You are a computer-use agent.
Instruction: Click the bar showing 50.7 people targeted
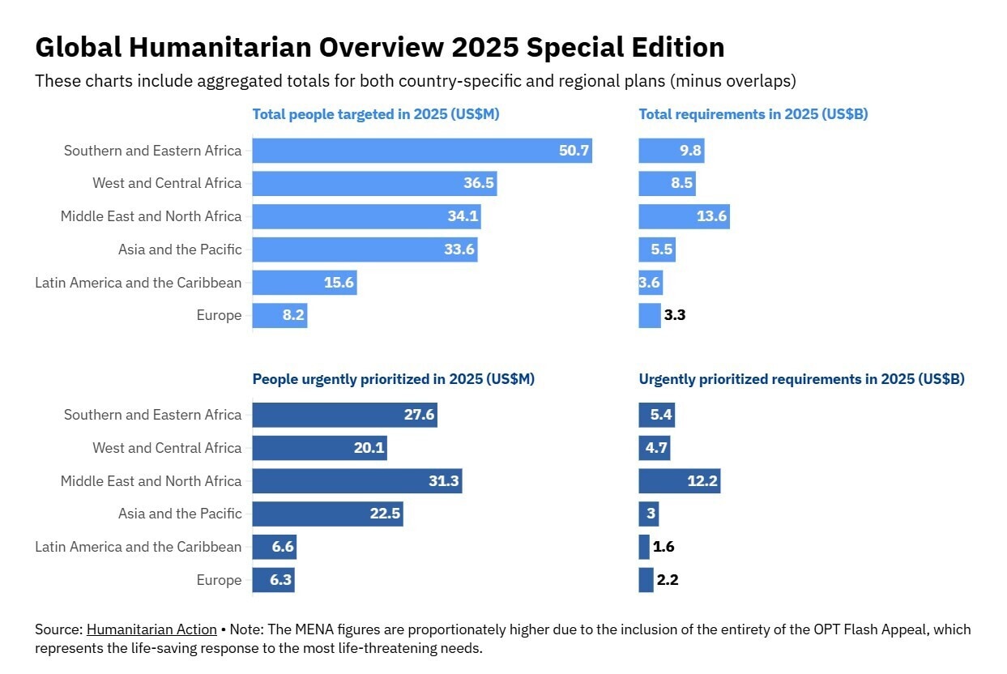point(421,151)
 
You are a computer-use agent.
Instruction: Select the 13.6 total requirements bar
point(684,216)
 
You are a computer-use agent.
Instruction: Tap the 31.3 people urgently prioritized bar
point(356,481)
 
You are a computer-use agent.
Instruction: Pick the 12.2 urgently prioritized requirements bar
point(679,481)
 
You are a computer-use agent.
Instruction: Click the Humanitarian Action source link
point(151,629)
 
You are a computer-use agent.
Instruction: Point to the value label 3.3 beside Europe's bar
point(675,315)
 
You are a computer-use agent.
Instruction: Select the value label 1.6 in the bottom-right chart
point(664,547)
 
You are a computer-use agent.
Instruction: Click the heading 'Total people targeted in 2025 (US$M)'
point(376,114)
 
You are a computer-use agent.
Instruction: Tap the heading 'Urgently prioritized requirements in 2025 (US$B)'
point(801,379)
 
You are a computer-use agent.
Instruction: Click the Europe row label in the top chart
point(219,315)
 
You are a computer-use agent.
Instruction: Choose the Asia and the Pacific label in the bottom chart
point(180,514)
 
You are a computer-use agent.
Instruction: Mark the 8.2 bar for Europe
point(279,315)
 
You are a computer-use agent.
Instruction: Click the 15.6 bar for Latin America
point(304,283)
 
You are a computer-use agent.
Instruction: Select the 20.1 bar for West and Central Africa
point(319,448)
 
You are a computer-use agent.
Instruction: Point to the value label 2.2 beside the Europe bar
point(668,580)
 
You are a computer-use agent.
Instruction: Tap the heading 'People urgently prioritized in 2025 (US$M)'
point(393,379)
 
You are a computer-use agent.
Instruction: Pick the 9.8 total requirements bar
point(671,151)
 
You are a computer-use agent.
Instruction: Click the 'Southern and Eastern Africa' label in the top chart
point(152,151)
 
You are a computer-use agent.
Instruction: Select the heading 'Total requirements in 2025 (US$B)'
point(753,114)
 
